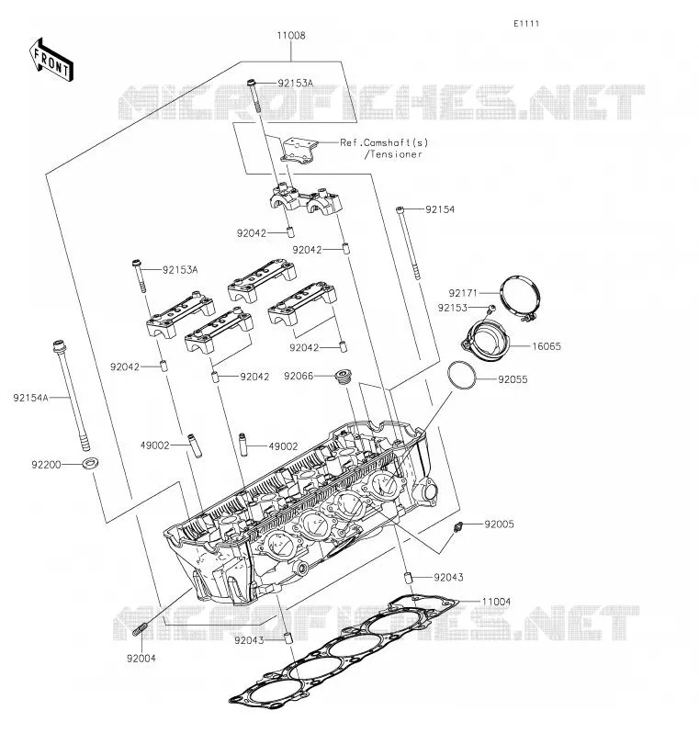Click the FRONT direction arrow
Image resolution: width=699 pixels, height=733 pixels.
pyautogui.click(x=51, y=60)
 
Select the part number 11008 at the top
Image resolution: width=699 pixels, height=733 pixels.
pyautogui.click(x=291, y=36)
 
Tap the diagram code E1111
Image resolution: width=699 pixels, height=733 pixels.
pyautogui.click(x=526, y=23)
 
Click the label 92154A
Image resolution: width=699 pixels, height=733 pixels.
pyautogui.click(x=31, y=398)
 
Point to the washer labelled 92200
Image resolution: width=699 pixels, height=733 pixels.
pyautogui.click(x=90, y=463)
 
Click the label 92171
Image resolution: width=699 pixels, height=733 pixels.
pyautogui.click(x=463, y=293)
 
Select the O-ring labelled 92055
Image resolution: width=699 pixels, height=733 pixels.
pyautogui.click(x=461, y=375)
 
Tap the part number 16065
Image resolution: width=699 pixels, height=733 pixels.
pyautogui.click(x=547, y=346)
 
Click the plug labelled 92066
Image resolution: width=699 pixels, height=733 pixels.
pyautogui.click(x=344, y=377)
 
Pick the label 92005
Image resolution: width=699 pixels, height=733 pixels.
pyautogui.click(x=499, y=524)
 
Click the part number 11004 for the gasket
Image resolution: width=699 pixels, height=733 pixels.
pyautogui.click(x=497, y=602)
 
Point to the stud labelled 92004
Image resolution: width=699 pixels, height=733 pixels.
pyautogui.click(x=141, y=629)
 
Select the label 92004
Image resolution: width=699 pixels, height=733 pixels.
pyautogui.click(x=141, y=659)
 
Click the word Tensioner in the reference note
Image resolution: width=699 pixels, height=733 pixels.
pyautogui.click(x=396, y=154)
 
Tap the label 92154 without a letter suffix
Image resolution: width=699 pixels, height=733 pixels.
pyautogui.click(x=439, y=209)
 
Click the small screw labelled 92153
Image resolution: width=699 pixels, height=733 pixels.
pyautogui.click(x=490, y=308)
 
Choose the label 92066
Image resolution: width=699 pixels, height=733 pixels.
pyautogui.click(x=299, y=376)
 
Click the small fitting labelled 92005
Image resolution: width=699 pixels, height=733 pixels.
pyautogui.click(x=457, y=526)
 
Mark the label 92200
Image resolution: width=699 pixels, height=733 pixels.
pyautogui.click(x=46, y=465)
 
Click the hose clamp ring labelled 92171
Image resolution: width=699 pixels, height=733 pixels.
pyautogui.click(x=520, y=299)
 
